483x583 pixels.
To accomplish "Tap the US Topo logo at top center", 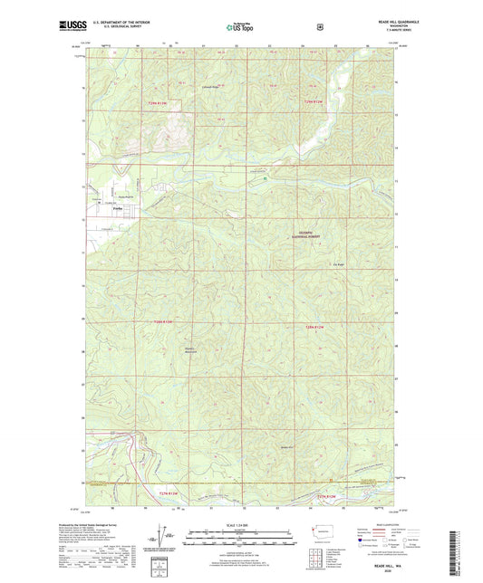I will [x=238, y=27].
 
